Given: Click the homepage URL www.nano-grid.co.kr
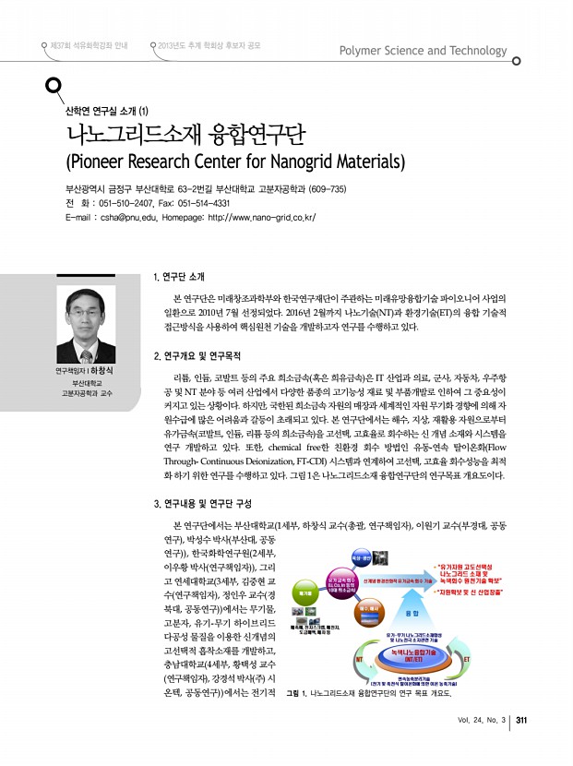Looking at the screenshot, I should pos(263,218).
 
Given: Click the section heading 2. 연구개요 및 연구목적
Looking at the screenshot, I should pos(209,355).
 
